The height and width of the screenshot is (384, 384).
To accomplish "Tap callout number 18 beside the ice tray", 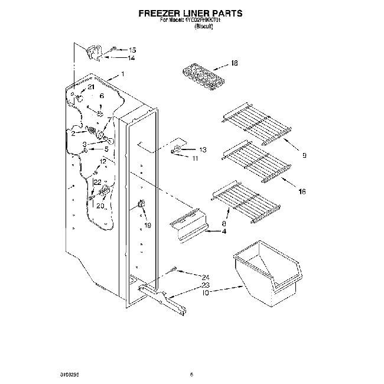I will (234, 63).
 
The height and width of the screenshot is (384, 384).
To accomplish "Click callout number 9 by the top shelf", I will (304, 156).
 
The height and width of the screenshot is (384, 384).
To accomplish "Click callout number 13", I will (203, 149).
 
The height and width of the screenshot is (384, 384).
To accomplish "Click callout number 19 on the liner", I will (148, 224).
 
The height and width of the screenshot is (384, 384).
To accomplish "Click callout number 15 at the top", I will (132, 50).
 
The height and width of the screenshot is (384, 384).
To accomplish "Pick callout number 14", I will (131, 58).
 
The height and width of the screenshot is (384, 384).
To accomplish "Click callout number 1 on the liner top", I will (122, 74).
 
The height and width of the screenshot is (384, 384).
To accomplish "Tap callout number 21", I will (90, 87).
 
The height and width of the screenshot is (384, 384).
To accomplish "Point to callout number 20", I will (100, 205).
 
